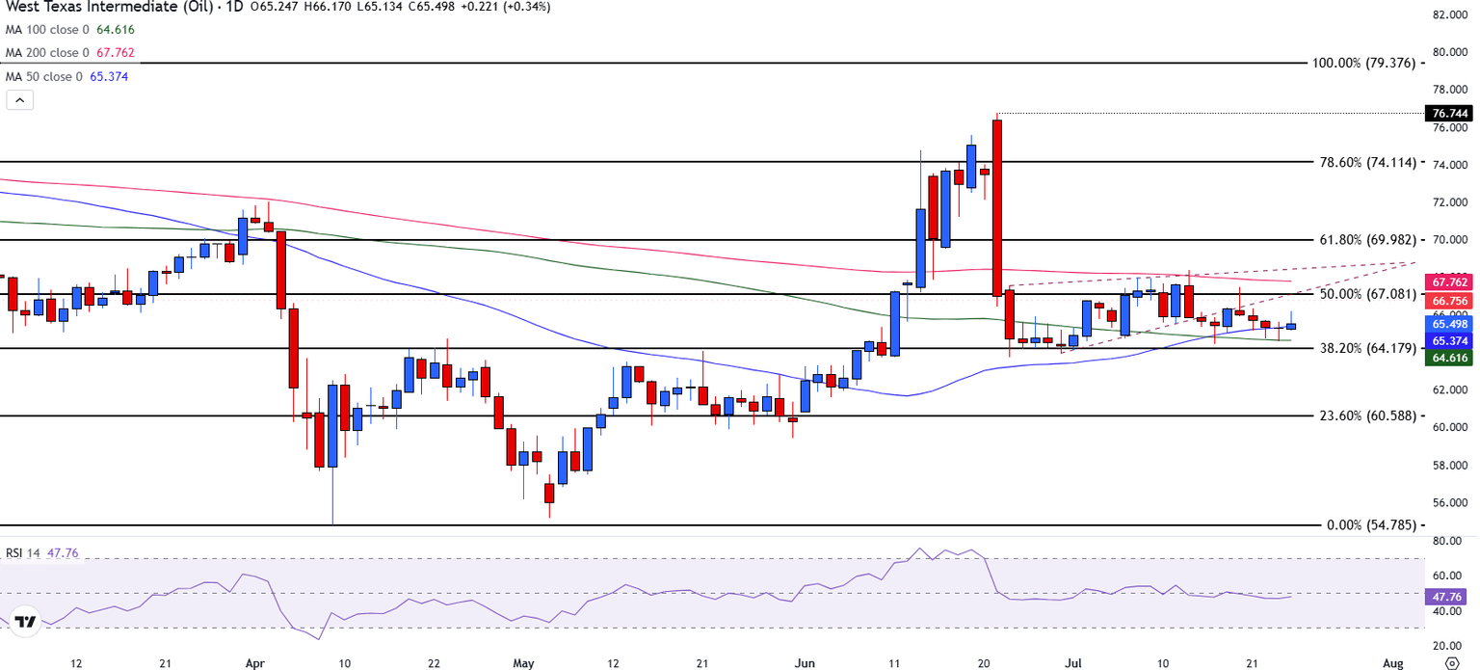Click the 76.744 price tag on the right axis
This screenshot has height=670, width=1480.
(1450, 113)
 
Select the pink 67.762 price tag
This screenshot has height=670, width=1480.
(1450, 282)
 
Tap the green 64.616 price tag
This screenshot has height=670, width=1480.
(1450, 358)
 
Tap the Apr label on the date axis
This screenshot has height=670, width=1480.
(255, 663)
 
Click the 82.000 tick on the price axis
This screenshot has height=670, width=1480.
(1450, 14)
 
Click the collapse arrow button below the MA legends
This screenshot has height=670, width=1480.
(20, 99)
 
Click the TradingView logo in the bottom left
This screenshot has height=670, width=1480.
(26, 622)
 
